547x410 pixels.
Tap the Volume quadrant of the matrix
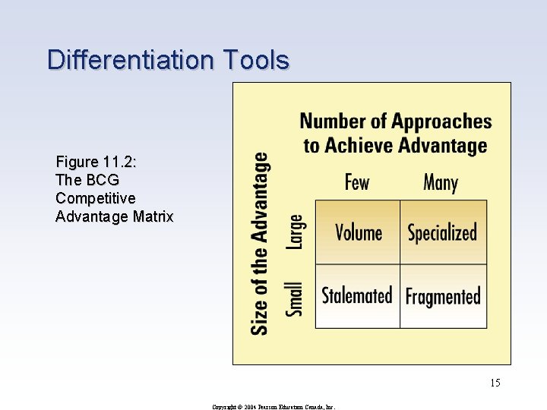pos(358,232)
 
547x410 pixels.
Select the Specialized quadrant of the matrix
pos(443,232)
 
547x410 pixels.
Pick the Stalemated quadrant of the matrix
pos(357,295)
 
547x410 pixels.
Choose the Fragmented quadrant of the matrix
pos(443,296)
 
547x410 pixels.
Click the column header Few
pos(357,183)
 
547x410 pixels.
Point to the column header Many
pos(441,183)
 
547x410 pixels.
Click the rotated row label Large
pos(295,232)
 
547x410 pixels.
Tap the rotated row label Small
pos(295,298)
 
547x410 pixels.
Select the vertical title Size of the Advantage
pos(260,243)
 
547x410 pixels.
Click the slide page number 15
pos(495,383)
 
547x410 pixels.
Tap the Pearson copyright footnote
pos(273,406)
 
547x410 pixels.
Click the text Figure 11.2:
pos(96,162)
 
